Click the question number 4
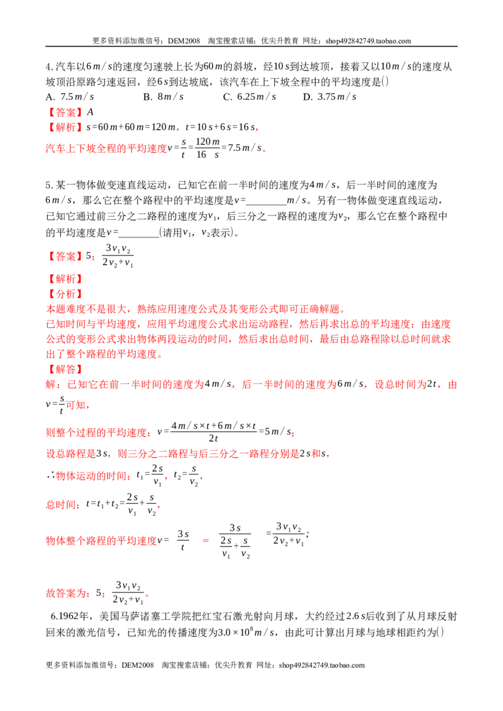coord(49,67)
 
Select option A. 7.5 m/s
coord(70,97)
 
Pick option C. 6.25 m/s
coord(250,97)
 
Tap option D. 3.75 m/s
coord(329,97)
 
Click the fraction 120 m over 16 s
coord(207,148)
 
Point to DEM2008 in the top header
coord(184,41)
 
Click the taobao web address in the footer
coord(322,665)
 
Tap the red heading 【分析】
coord(64,294)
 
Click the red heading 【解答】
coord(64,369)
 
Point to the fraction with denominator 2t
coord(213,431)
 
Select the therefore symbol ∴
coord(50,475)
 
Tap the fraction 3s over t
coord(183,540)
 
